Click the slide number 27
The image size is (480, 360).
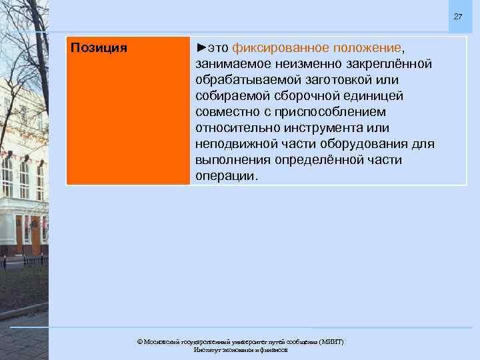457,16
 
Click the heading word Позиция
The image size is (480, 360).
99,48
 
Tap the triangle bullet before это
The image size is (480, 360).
201,48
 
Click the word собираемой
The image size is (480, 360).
231,96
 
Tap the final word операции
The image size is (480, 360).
225,176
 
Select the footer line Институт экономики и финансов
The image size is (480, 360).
240,349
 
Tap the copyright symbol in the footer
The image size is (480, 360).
139,341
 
